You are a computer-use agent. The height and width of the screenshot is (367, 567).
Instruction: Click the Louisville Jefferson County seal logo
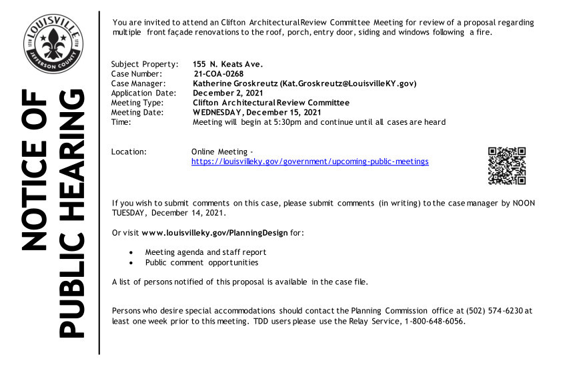tap(53, 44)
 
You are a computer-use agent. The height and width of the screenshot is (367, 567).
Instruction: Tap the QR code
tap(507, 165)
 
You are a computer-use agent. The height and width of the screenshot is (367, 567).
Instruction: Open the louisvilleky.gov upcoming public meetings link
tap(310, 161)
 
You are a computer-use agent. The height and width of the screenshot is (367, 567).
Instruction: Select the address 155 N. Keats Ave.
tap(227, 64)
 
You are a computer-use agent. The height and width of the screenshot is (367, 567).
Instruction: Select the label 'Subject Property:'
tap(144, 64)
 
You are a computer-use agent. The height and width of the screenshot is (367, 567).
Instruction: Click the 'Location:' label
tap(129, 152)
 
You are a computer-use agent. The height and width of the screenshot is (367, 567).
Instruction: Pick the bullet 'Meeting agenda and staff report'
tap(205, 252)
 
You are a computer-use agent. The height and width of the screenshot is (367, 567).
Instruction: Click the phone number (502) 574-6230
tap(495, 311)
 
